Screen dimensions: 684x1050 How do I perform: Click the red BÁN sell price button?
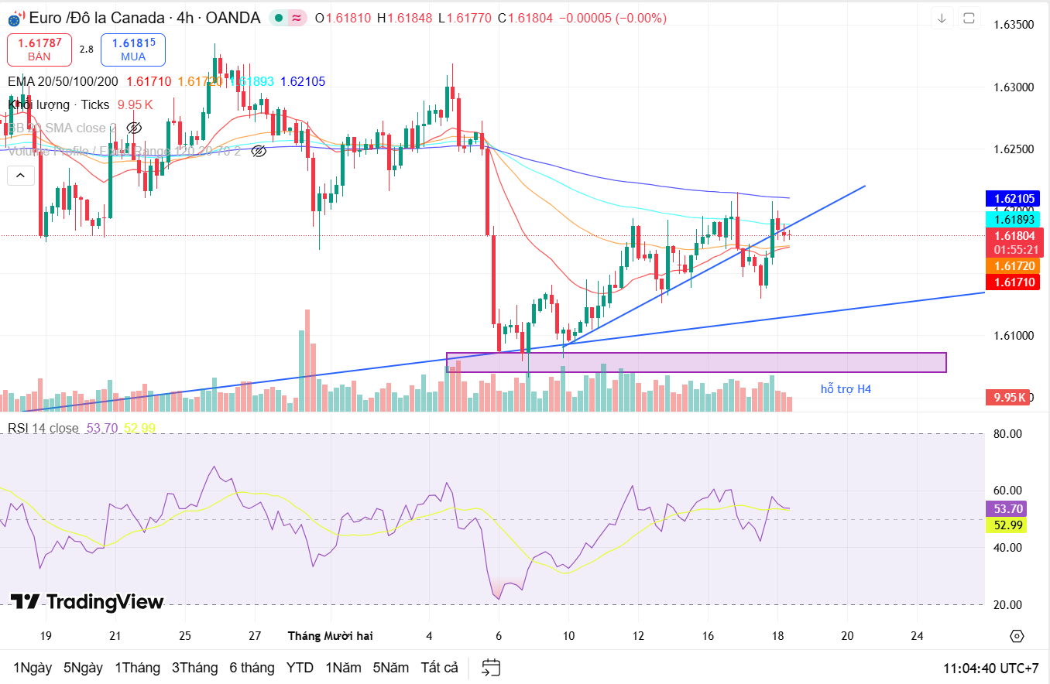click(x=39, y=50)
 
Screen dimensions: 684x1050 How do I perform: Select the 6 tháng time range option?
click(x=252, y=668)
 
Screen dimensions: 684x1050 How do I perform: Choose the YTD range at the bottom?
click(x=300, y=668)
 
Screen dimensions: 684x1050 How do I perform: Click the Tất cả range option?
click(x=439, y=668)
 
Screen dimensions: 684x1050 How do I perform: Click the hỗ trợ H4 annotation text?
click(x=846, y=389)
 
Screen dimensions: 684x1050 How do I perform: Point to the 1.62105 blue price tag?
click(x=1011, y=199)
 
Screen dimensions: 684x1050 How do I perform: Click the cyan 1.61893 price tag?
click(x=1011, y=219)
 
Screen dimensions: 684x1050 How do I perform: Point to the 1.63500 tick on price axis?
click(x=1014, y=25)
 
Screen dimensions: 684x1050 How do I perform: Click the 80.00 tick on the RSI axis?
click(x=1009, y=434)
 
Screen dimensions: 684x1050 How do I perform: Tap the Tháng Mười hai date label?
click(x=330, y=636)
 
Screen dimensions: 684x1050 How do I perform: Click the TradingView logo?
click(x=87, y=602)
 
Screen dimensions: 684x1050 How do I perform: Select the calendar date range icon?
click(x=491, y=668)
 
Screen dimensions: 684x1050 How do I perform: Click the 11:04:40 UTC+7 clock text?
click(x=990, y=668)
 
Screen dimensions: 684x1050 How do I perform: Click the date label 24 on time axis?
click(x=917, y=636)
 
